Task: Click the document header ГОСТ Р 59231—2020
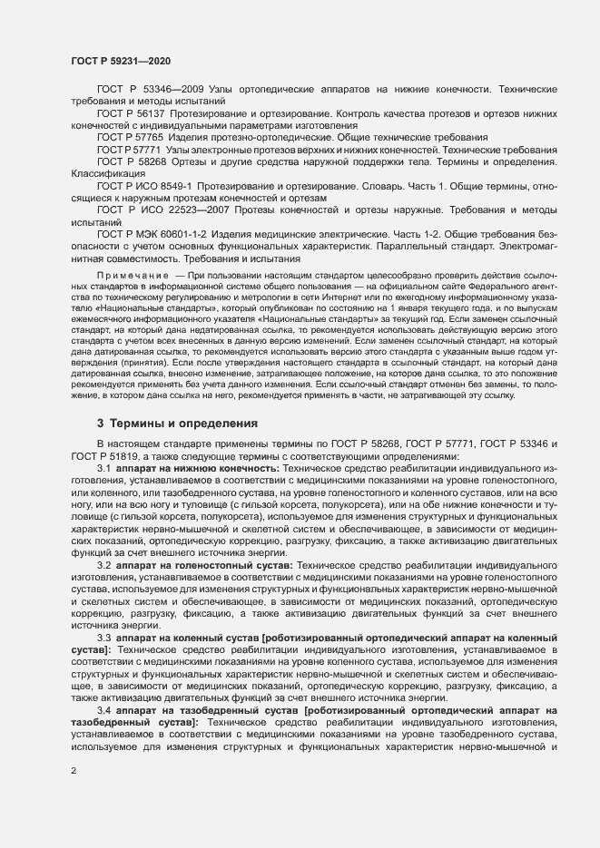121,61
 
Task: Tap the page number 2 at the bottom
74,771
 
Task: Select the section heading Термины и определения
170,423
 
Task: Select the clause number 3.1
104,467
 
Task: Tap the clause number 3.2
104,566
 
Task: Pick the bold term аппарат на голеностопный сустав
204,566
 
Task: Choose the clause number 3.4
104,710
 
